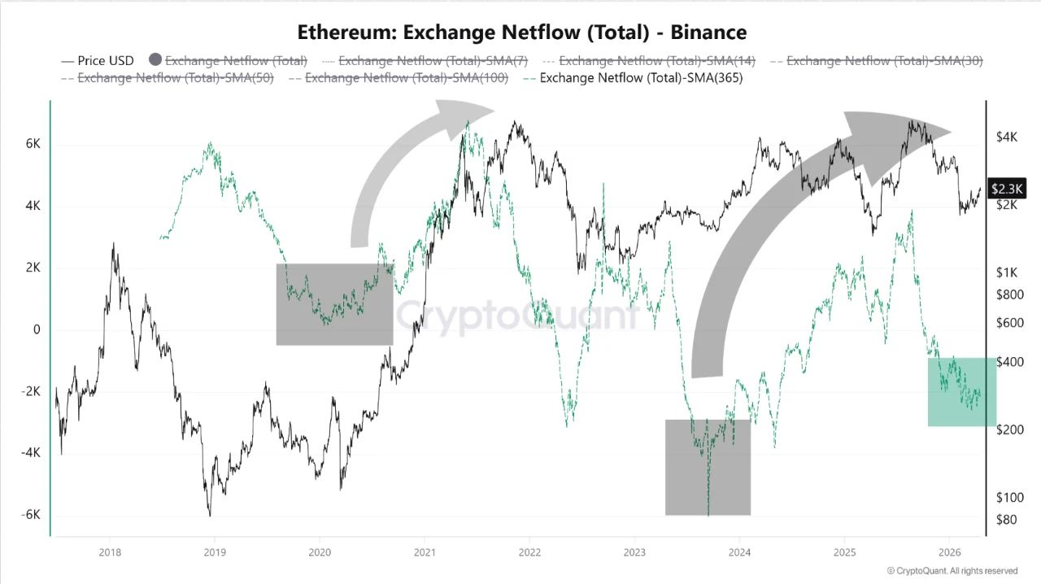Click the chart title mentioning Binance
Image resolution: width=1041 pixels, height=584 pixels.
(x=521, y=33)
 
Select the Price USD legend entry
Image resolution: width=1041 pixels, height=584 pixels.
(x=98, y=60)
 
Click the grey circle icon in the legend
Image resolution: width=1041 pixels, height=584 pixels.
(x=156, y=59)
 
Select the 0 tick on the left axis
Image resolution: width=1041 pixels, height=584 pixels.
(x=37, y=329)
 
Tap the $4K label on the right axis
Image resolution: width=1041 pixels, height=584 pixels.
(x=1007, y=137)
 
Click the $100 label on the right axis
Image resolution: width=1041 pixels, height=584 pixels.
(x=1009, y=498)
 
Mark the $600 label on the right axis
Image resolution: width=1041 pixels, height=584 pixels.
(x=1009, y=323)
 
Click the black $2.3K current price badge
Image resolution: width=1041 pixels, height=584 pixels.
(x=1007, y=189)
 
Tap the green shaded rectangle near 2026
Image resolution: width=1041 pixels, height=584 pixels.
(x=962, y=391)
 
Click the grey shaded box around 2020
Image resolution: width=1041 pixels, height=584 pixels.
(x=334, y=304)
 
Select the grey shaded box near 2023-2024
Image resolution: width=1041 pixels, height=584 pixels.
(x=708, y=467)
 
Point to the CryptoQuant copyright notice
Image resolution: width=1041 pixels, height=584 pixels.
(x=952, y=571)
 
